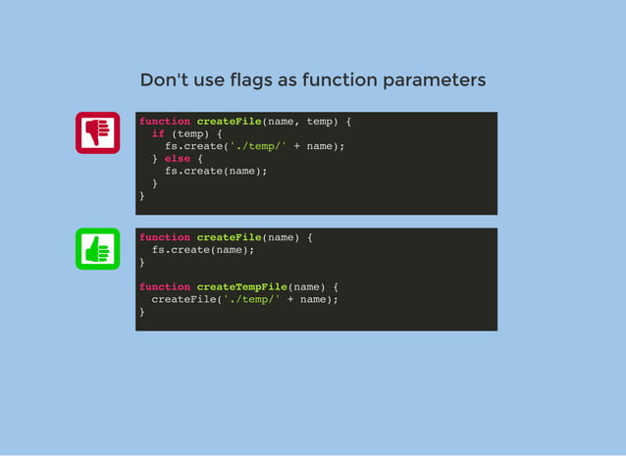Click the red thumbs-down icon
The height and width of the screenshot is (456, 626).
(x=97, y=132)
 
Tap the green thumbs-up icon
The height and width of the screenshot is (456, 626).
(x=97, y=249)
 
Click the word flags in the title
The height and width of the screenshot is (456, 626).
(x=249, y=79)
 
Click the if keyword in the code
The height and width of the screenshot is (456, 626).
(x=158, y=133)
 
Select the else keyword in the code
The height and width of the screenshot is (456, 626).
(x=178, y=158)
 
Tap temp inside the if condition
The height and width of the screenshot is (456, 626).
(x=190, y=133)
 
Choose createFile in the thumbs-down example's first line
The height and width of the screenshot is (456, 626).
(x=229, y=122)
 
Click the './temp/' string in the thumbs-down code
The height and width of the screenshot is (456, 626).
(x=258, y=146)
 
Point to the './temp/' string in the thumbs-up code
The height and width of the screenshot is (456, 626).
(x=251, y=299)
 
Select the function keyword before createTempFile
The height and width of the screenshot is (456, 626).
(x=165, y=286)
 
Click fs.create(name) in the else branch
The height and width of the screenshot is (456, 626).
(x=216, y=171)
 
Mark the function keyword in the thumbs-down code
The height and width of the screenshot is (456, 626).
(x=165, y=122)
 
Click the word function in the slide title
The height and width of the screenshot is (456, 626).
(x=337, y=79)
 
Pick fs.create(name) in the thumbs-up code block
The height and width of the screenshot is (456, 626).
(x=203, y=250)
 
